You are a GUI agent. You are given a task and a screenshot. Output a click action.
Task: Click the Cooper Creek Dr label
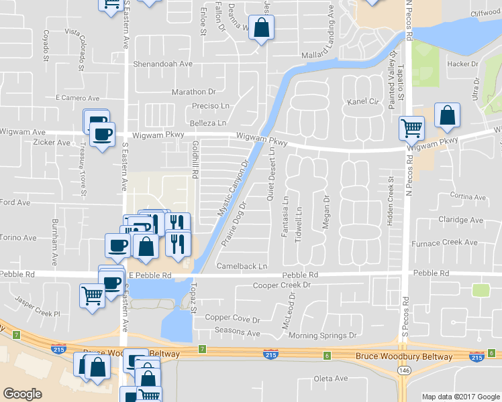[284, 285]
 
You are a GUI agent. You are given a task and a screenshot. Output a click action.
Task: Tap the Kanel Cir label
[363, 102]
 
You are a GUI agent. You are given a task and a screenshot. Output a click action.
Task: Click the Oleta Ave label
[331, 379]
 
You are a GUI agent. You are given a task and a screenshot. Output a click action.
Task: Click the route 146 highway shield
[404, 370]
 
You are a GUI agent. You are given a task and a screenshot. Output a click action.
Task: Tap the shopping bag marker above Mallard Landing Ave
[261, 28]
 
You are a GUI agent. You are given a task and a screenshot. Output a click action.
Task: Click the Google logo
[22, 394]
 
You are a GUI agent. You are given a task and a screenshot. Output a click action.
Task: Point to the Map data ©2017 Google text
[460, 397]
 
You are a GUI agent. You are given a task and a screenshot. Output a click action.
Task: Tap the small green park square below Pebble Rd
[480, 290]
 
